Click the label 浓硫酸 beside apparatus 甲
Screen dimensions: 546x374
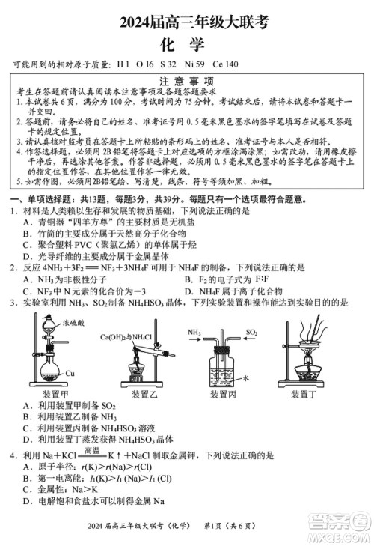(x=73, y=322)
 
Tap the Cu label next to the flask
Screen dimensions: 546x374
(x=70, y=372)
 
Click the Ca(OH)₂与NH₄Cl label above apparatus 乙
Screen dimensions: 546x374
(x=126, y=336)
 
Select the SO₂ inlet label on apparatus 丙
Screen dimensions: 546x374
(x=251, y=331)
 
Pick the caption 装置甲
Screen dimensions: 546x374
(x=55, y=395)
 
